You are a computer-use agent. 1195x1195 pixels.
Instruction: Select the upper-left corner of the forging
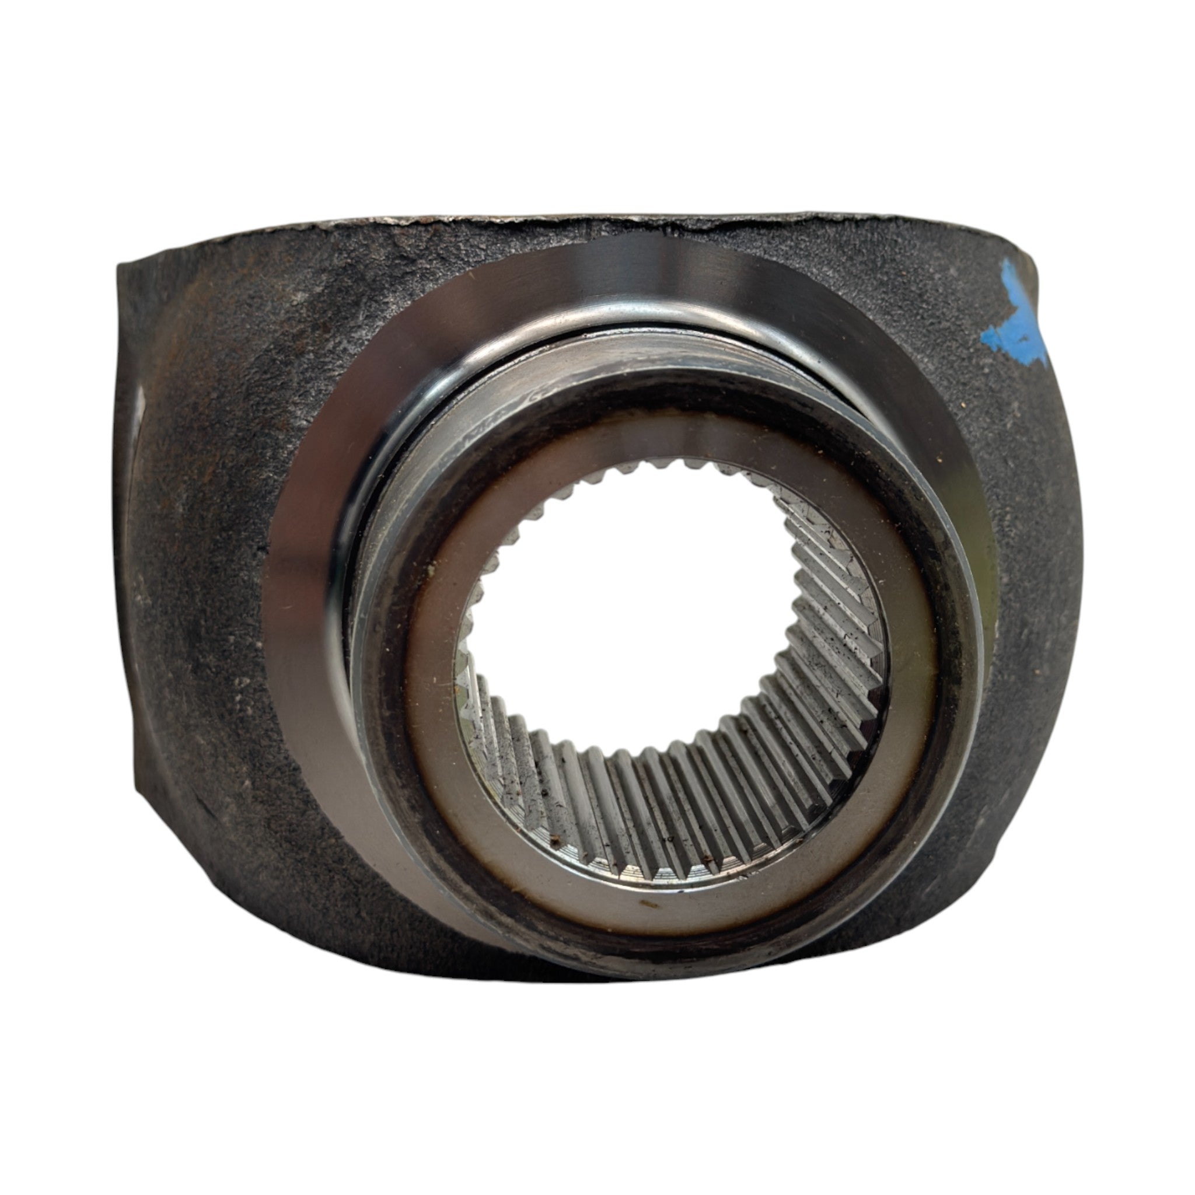tap(127, 266)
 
